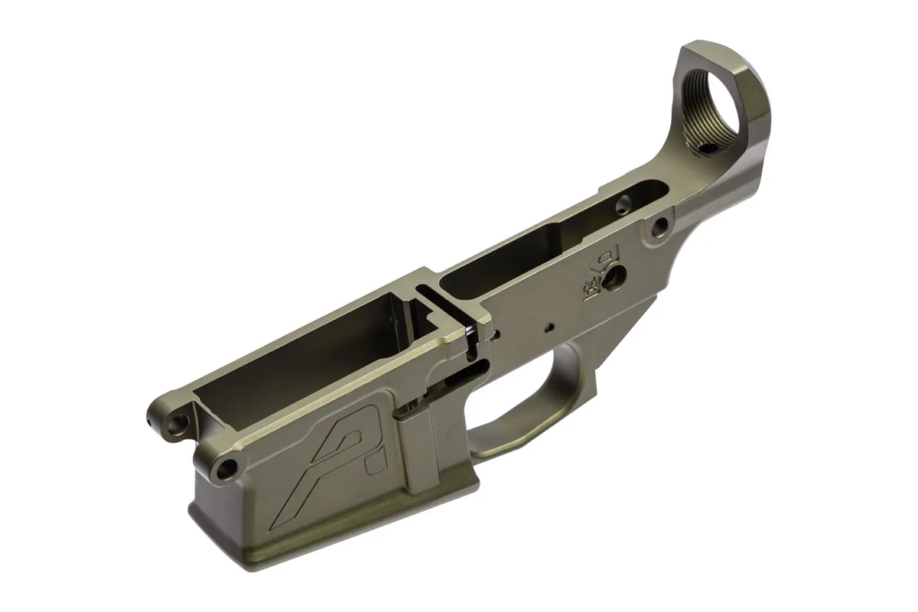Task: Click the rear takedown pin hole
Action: tap(657, 226)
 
